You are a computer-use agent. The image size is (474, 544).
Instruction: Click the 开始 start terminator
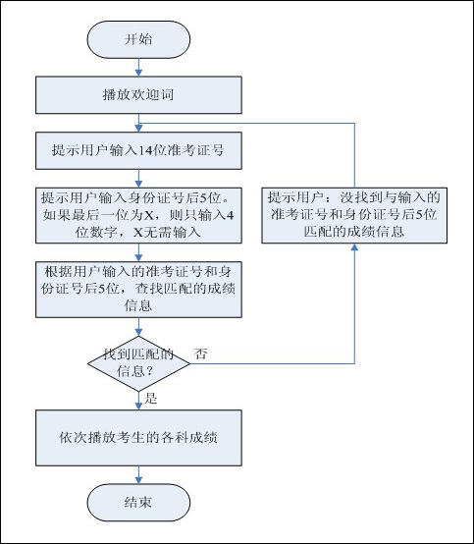(138, 39)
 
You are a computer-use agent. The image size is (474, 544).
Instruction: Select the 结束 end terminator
(138, 503)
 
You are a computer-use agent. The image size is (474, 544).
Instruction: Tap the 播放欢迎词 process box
(138, 95)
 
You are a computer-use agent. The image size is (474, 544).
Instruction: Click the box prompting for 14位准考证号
(138, 150)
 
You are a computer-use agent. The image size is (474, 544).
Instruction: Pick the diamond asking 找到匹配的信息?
(138, 363)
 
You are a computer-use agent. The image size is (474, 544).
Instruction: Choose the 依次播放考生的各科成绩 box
(138, 438)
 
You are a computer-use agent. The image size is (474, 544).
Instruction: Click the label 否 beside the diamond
(201, 354)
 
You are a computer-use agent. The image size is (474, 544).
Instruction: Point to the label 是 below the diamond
(151, 399)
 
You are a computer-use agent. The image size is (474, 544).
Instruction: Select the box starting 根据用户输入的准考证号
(138, 290)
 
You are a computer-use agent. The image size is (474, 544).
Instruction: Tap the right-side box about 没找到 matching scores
(354, 215)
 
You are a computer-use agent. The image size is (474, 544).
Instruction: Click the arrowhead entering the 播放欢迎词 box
(138, 73)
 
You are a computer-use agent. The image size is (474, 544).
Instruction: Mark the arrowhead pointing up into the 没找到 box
(354, 247)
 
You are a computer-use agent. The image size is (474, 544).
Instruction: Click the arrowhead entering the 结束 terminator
(138, 480)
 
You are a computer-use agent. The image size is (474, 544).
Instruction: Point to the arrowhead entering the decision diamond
(138, 332)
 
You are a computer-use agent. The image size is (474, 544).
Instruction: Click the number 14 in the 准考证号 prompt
(145, 150)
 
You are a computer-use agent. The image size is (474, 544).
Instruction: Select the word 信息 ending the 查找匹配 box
(138, 306)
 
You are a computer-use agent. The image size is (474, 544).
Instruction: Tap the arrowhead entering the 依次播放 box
(138, 406)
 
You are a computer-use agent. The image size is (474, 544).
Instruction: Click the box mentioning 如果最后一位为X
(138, 215)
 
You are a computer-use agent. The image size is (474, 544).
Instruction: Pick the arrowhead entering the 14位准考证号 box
(138, 128)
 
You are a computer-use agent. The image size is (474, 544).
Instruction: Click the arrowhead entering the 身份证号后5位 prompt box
(138, 184)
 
